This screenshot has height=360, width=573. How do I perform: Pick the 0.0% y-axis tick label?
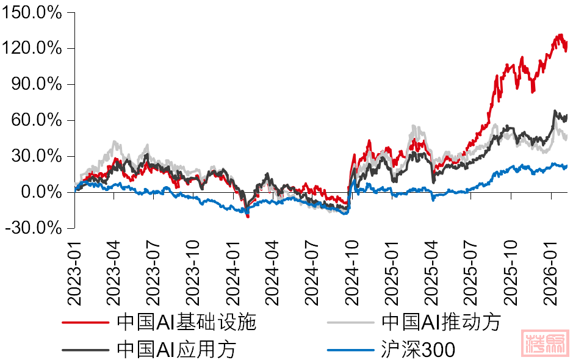pyautogui.click(x=40, y=192)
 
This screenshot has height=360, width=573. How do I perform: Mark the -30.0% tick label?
pyautogui.click(x=34, y=228)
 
